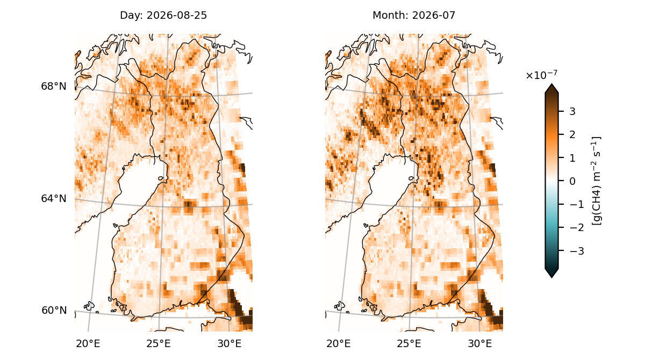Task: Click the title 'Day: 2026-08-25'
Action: click(x=163, y=15)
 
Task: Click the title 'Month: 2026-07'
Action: click(x=414, y=15)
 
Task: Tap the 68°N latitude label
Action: click(x=54, y=86)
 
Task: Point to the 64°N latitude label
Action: click(x=54, y=198)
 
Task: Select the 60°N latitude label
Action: click(x=54, y=310)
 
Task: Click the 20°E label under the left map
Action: click(x=88, y=343)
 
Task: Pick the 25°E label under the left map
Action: click(x=159, y=343)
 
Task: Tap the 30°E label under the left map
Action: click(x=229, y=343)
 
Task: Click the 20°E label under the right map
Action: click(x=338, y=343)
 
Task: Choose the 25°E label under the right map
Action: click(x=409, y=343)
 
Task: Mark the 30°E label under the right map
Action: click(x=479, y=343)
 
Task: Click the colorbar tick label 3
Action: click(x=572, y=111)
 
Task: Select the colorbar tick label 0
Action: click(x=572, y=181)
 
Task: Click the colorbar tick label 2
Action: click(x=572, y=134)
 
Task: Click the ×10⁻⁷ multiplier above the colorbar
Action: click(x=542, y=75)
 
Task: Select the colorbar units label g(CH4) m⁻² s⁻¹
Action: click(x=596, y=181)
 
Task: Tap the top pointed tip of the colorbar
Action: click(x=551, y=84)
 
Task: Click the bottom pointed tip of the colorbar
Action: click(x=551, y=278)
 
